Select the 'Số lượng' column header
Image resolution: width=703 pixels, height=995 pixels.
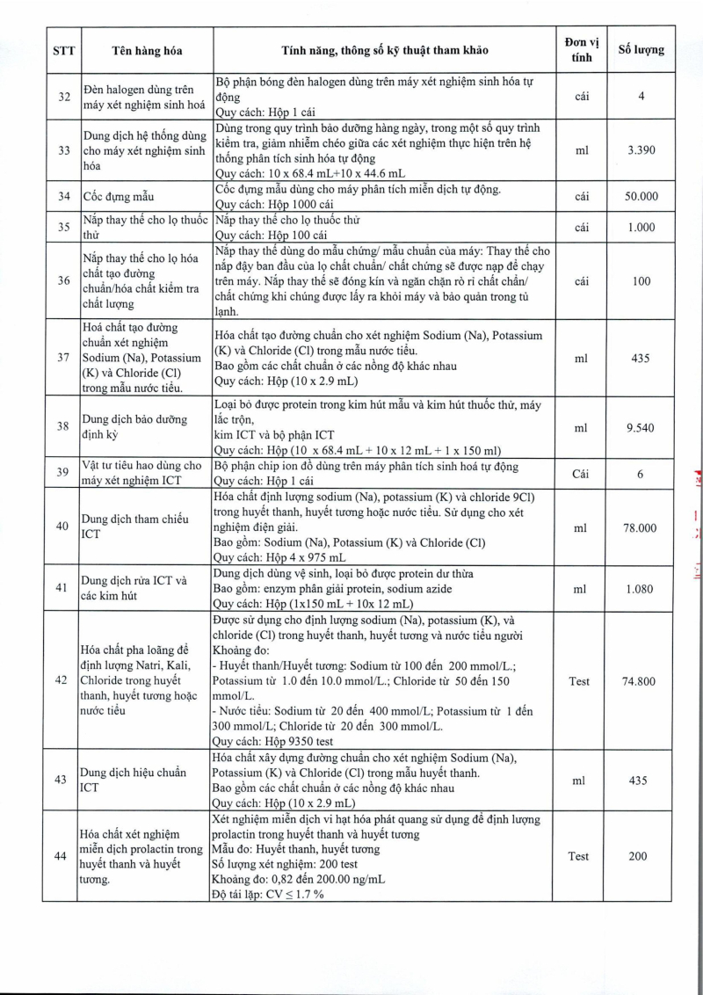[x=641, y=50]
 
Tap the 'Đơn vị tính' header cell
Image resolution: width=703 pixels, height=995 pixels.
[x=581, y=50]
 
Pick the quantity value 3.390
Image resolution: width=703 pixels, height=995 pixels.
[x=641, y=151]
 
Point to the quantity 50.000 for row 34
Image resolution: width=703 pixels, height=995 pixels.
[x=641, y=196]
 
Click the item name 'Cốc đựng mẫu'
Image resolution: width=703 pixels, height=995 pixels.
[x=120, y=196]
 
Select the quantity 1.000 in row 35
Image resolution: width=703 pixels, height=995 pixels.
[x=641, y=228]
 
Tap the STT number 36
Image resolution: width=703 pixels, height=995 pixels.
[x=64, y=280]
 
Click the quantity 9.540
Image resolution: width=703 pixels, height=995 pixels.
[x=641, y=427]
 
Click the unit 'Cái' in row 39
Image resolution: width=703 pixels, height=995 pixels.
[x=581, y=473]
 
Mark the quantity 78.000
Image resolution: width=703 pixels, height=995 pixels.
[x=641, y=528]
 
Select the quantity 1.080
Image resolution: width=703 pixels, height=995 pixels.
[x=641, y=589]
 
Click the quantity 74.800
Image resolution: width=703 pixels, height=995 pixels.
[x=641, y=681]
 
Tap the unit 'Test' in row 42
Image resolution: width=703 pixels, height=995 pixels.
[x=580, y=681]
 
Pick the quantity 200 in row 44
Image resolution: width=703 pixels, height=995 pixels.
[x=641, y=856]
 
